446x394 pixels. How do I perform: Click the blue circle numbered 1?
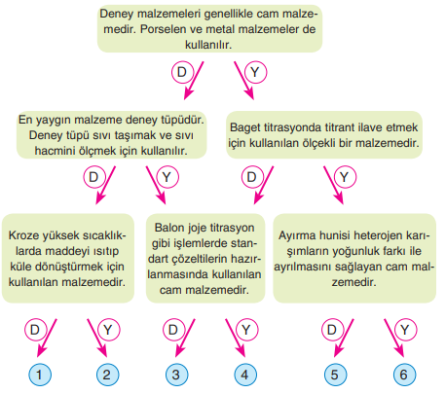tap(40, 375)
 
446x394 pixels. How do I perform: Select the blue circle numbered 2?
tap(107, 375)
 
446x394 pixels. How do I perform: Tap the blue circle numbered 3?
tap(177, 375)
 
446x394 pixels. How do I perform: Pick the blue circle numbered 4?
tap(245, 375)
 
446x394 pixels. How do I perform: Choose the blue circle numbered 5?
tap(335, 375)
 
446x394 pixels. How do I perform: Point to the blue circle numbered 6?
tap(404, 375)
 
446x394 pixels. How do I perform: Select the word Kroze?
tap(23, 235)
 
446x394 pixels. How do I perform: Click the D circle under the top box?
tap(182, 72)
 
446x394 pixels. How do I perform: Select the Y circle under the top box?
tap(255, 72)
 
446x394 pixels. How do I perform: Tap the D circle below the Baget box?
tap(252, 177)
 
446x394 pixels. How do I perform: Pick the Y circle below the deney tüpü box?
tap(167, 177)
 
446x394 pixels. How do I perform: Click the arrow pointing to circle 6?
tap(394, 338)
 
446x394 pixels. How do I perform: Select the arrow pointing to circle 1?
tap(47, 338)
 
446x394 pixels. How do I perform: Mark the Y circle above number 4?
tap(247, 330)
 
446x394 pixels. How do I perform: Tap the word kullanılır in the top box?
tap(208, 45)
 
